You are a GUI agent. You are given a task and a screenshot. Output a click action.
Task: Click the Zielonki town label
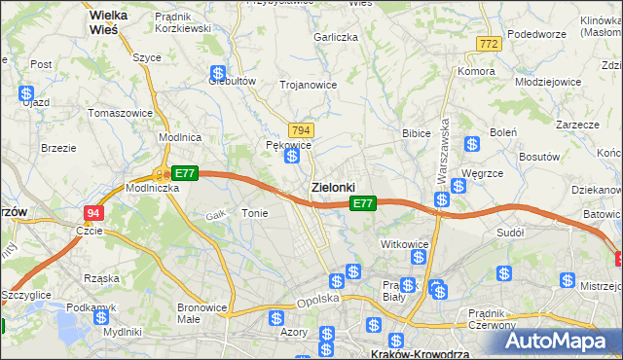click(332, 187)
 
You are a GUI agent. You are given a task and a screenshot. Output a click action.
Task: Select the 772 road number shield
click(489, 45)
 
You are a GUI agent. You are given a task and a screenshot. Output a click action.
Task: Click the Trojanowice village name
click(308, 85)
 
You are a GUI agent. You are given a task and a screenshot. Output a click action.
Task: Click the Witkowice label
click(405, 244)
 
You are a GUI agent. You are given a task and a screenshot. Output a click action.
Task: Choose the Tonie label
click(254, 213)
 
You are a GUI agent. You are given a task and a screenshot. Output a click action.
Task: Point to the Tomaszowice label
click(121, 113)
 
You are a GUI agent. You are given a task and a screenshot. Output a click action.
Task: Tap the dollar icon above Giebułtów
click(218, 73)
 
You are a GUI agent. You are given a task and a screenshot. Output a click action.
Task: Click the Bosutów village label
click(540, 156)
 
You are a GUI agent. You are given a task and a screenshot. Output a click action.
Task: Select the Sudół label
click(510, 234)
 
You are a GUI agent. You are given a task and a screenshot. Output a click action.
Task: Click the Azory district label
click(293, 333)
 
